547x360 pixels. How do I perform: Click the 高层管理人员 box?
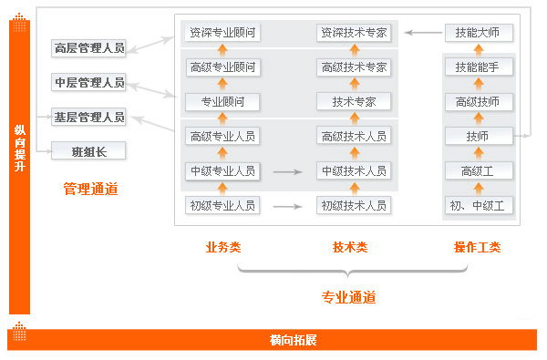pyautogui.click(x=88, y=48)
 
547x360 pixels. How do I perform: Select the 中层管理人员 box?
pyautogui.click(x=88, y=83)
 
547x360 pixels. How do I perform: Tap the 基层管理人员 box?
pyautogui.click(x=88, y=117)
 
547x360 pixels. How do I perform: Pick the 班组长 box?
pyautogui.click(x=88, y=151)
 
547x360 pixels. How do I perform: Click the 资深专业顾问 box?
pyautogui.click(x=222, y=33)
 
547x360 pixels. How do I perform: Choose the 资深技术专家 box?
pyautogui.click(x=354, y=33)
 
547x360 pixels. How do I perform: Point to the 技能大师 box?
pyautogui.click(x=478, y=33)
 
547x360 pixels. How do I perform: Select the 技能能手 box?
pyautogui.click(x=478, y=67)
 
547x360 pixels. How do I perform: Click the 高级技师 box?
pyautogui.click(x=478, y=101)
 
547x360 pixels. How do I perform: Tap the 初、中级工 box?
pyautogui.click(x=478, y=204)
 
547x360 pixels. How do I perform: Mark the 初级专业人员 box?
pyautogui.click(x=222, y=204)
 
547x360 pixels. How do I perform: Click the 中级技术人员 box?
pyautogui.click(x=354, y=170)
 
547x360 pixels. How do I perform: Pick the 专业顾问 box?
pyautogui.click(x=222, y=101)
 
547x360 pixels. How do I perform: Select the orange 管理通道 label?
pyautogui.click(x=90, y=189)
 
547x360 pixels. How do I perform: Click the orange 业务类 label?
pyautogui.click(x=223, y=247)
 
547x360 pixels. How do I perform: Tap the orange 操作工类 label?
pyautogui.click(x=477, y=247)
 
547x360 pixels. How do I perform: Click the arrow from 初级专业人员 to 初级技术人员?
pyautogui.click(x=288, y=205)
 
